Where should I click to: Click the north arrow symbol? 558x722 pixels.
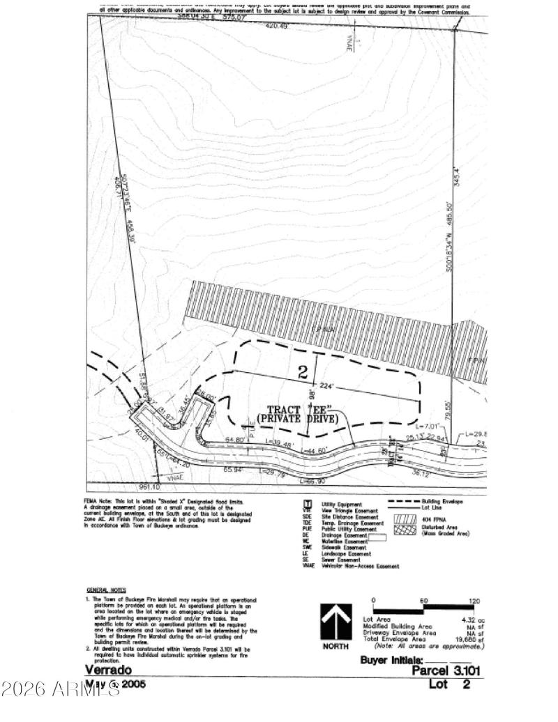point(333,622)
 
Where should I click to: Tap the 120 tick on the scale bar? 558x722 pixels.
point(475,601)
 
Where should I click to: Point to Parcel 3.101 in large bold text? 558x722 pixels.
point(446,671)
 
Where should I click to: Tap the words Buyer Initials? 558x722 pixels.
point(391,659)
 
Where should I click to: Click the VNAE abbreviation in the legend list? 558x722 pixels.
point(308,566)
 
